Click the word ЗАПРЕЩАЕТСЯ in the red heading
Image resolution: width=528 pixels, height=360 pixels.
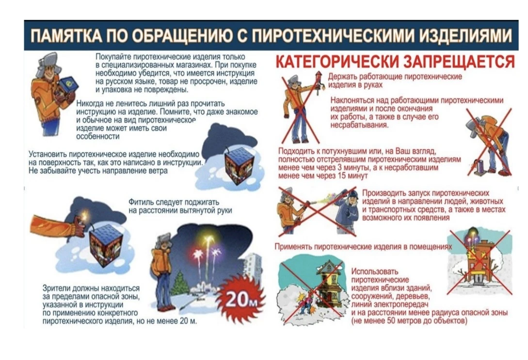[459, 62]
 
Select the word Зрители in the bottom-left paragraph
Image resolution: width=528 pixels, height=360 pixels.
[56, 289]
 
